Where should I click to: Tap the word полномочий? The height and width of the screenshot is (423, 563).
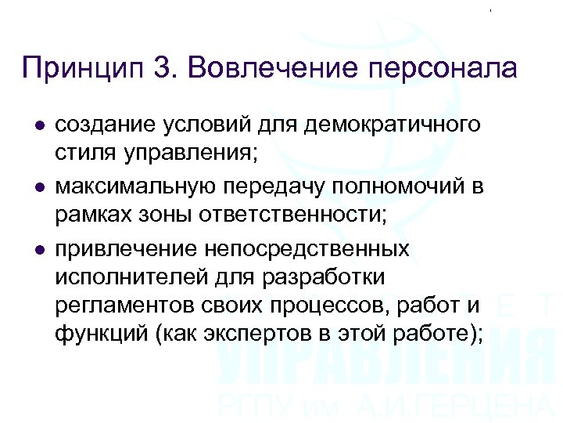click(x=409, y=187)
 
